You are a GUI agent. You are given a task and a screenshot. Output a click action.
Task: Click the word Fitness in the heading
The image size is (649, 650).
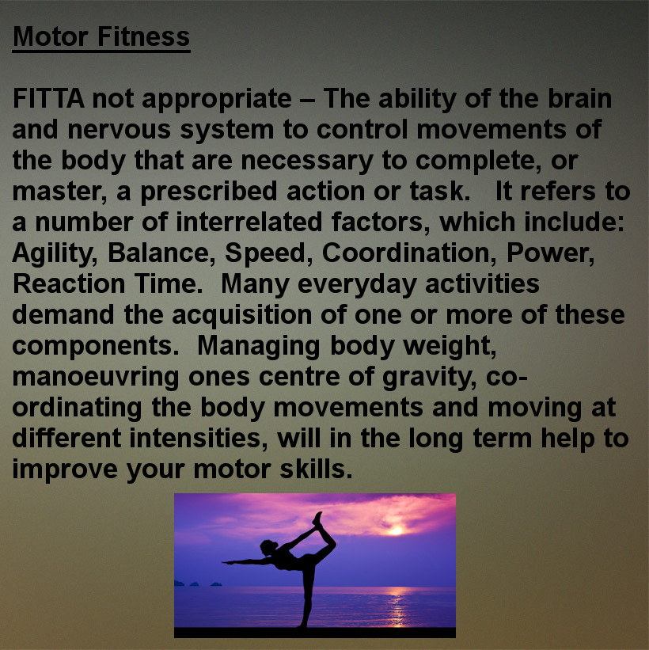(x=143, y=36)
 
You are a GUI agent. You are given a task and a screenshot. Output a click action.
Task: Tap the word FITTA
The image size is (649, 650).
(x=48, y=98)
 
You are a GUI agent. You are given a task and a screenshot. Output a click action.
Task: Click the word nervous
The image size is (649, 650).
(x=120, y=131)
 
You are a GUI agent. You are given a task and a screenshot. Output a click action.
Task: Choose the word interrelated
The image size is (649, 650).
(x=249, y=222)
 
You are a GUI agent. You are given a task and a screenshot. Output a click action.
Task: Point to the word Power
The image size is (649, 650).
(x=550, y=253)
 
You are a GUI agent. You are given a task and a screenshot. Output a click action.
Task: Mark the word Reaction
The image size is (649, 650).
(x=69, y=284)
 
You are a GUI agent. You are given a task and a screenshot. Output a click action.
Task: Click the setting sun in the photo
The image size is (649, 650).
(x=396, y=530)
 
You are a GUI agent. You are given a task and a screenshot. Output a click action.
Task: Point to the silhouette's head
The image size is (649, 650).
(x=268, y=547)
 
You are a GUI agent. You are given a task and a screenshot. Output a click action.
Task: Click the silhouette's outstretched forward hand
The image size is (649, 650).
(x=227, y=562)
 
